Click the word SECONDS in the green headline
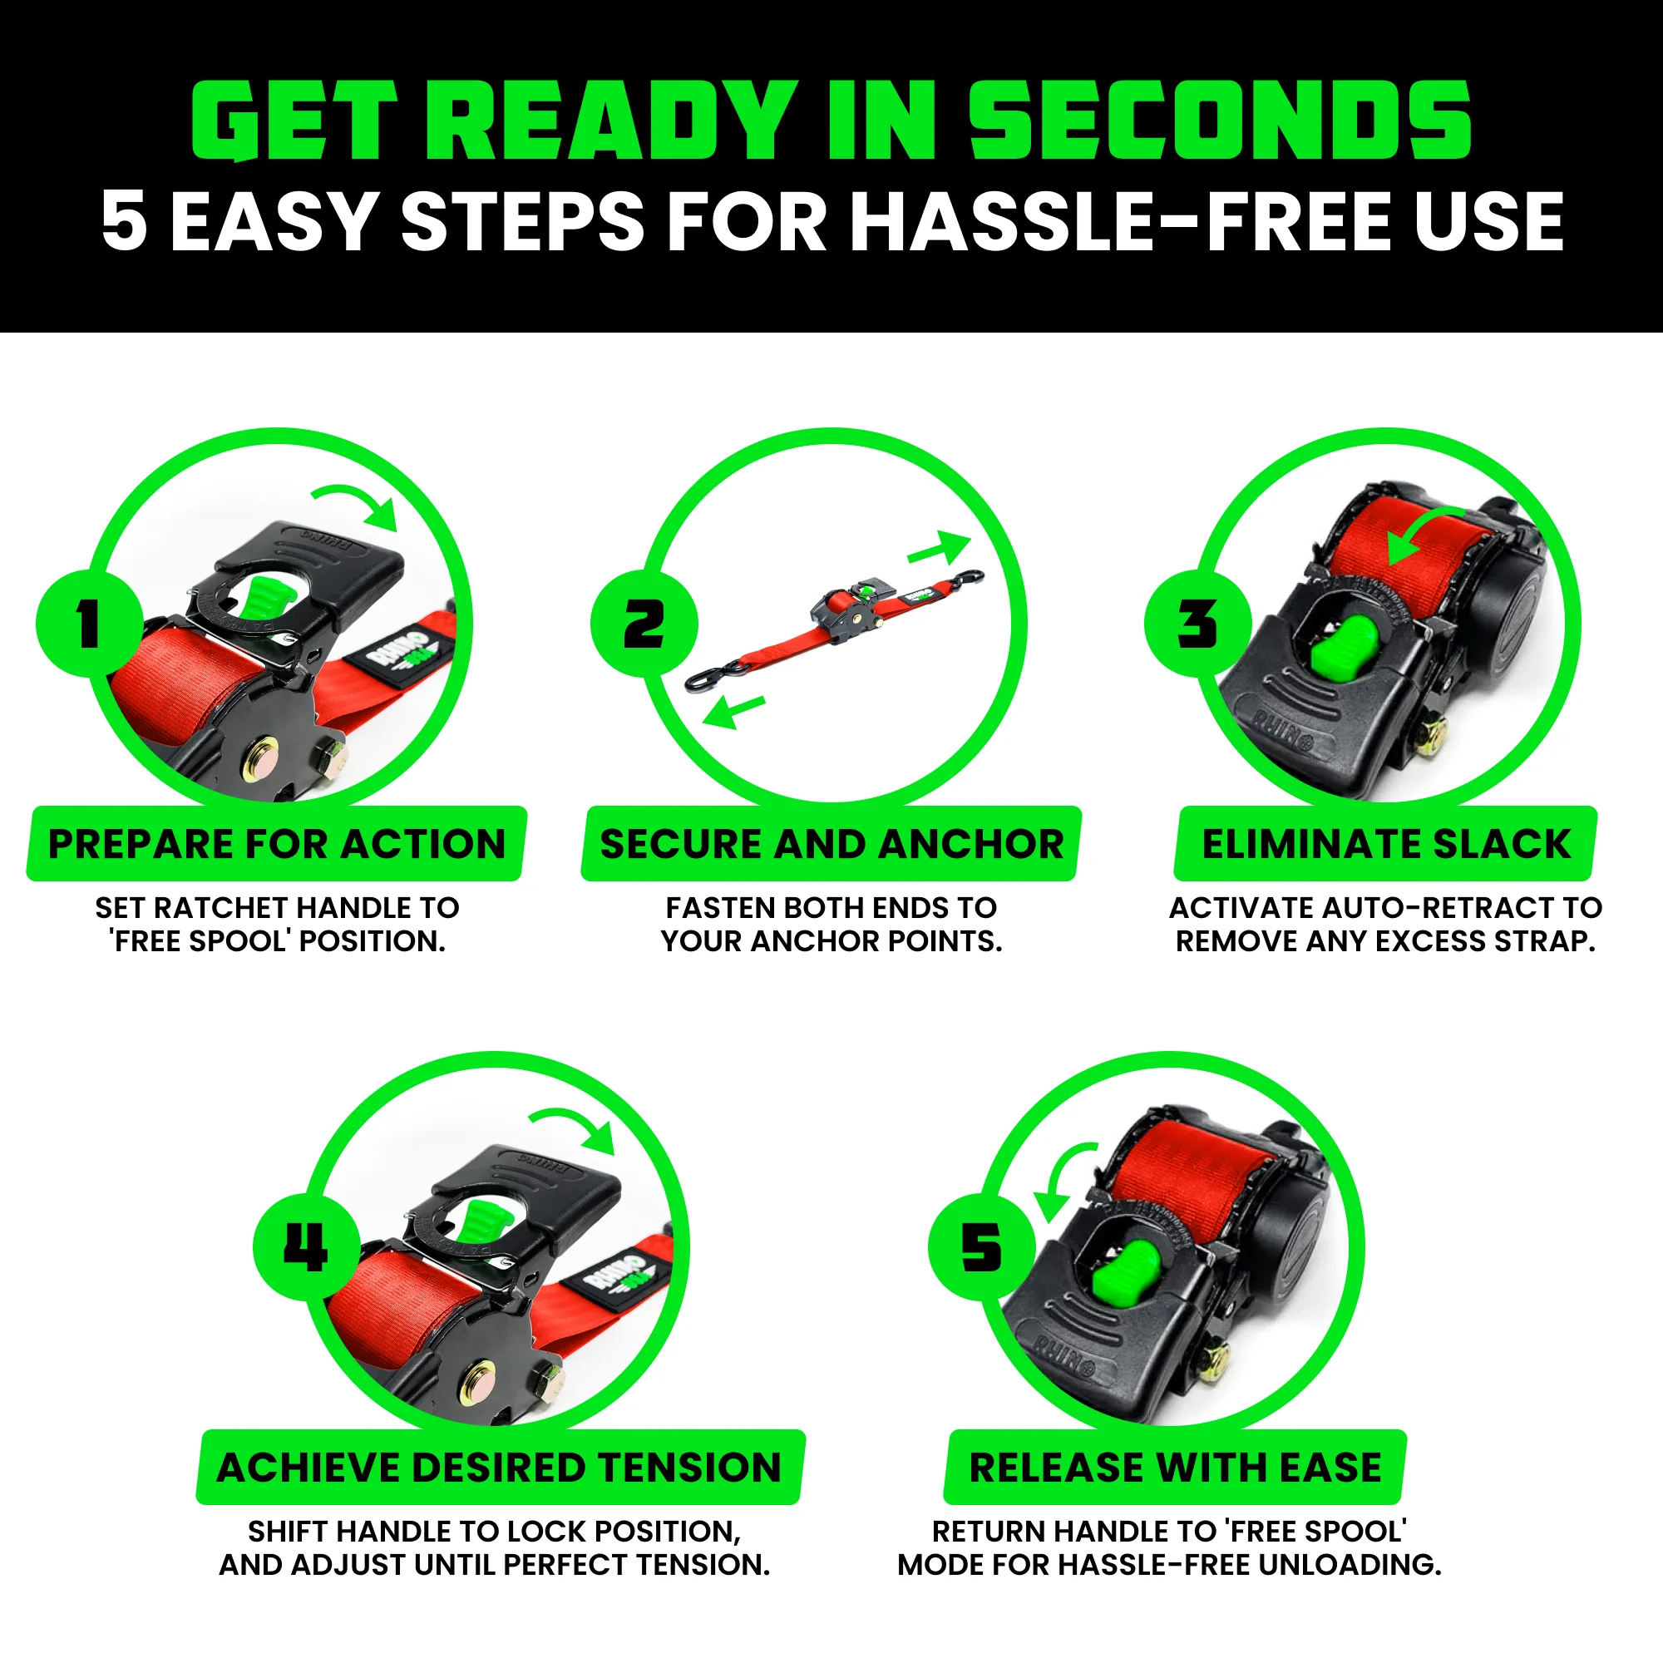coord(1220,121)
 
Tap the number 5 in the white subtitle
coord(124,221)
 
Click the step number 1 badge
coord(89,623)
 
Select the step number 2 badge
coord(643,623)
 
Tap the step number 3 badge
coord(1197,623)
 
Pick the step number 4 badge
coord(305,1247)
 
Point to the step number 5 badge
coord(980,1247)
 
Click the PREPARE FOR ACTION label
coord(276,843)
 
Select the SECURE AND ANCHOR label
coord(831,843)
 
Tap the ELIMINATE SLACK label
coord(1386,843)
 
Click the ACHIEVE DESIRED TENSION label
coord(499,1468)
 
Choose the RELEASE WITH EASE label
coord(1175,1468)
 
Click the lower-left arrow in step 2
coord(733,711)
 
